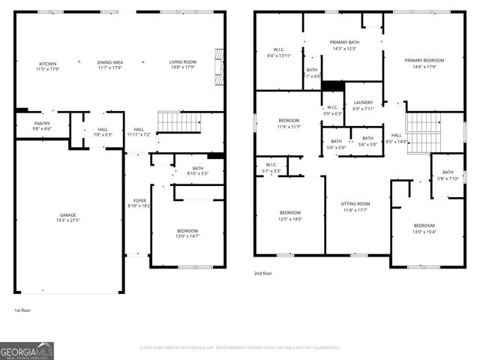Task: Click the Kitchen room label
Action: tap(47, 64)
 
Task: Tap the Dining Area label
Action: tap(109, 62)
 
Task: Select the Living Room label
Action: tap(182, 62)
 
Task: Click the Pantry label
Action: tap(43, 124)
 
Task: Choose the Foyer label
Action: tap(139, 201)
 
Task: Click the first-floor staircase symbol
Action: tap(178, 121)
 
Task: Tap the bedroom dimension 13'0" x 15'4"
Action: tap(424, 231)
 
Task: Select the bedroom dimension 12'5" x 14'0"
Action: tap(290, 218)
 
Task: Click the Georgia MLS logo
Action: tap(27, 350)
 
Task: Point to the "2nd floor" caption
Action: tap(262, 274)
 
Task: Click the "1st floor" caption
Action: tap(23, 310)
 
